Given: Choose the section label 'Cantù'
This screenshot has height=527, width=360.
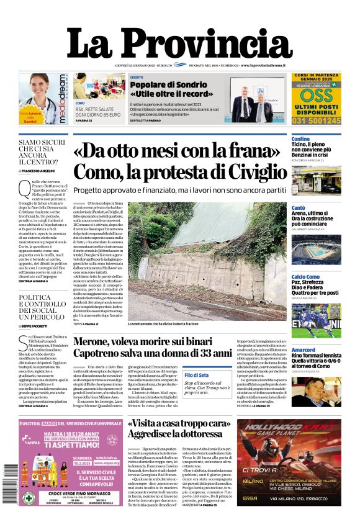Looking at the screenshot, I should tap(299, 207).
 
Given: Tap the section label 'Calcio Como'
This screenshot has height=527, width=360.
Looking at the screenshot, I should tap(305, 276).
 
